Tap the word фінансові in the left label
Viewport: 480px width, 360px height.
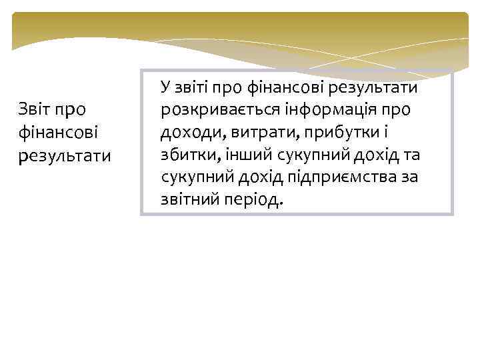coord(59,131)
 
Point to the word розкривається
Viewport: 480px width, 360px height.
coord(215,109)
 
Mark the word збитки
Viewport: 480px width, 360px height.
coord(186,154)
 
